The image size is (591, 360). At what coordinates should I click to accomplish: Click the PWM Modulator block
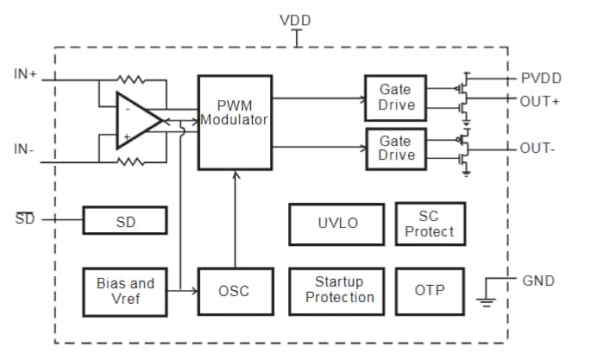point(234,121)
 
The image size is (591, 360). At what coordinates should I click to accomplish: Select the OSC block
point(234,292)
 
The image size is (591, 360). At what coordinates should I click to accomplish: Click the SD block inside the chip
point(126,221)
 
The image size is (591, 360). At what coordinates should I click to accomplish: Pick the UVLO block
point(336,223)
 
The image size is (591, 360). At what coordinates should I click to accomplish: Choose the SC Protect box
point(430,224)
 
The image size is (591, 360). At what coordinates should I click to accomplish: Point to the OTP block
point(430,290)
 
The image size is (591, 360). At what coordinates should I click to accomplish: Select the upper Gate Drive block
point(396,97)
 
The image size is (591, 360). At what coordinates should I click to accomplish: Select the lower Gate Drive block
point(396,148)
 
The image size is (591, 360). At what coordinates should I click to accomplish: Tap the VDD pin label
point(296,19)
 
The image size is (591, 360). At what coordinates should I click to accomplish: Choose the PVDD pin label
point(541,79)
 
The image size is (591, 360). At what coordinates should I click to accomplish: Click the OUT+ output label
point(539,101)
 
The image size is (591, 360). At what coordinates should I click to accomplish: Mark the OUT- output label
point(538,148)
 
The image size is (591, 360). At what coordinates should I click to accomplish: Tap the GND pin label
point(538,281)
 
